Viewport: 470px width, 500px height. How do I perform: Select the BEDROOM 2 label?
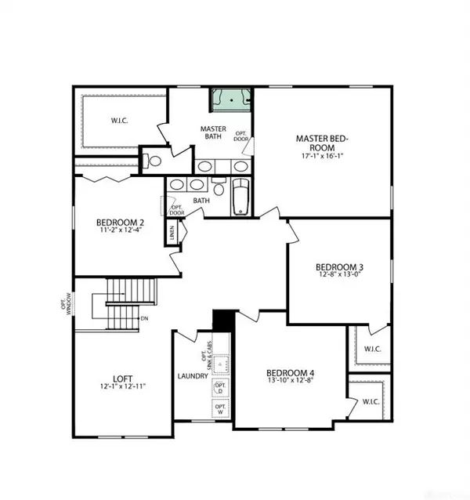pos(121,223)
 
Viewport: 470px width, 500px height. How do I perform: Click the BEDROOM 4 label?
pos(290,372)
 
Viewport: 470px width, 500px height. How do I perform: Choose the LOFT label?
pos(121,376)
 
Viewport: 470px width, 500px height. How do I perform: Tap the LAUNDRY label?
pos(193,376)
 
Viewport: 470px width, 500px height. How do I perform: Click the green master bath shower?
pos(232,100)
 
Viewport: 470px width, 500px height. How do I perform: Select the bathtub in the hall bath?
pos(240,196)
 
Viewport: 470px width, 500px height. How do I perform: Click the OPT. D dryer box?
pos(220,388)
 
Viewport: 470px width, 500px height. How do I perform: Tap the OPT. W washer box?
pos(220,409)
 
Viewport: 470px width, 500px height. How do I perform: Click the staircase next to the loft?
pos(125,305)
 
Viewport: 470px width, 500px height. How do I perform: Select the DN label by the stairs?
pos(144,319)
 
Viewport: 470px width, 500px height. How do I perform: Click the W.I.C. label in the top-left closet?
pos(121,121)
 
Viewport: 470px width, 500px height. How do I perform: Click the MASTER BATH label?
pos(213,132)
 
